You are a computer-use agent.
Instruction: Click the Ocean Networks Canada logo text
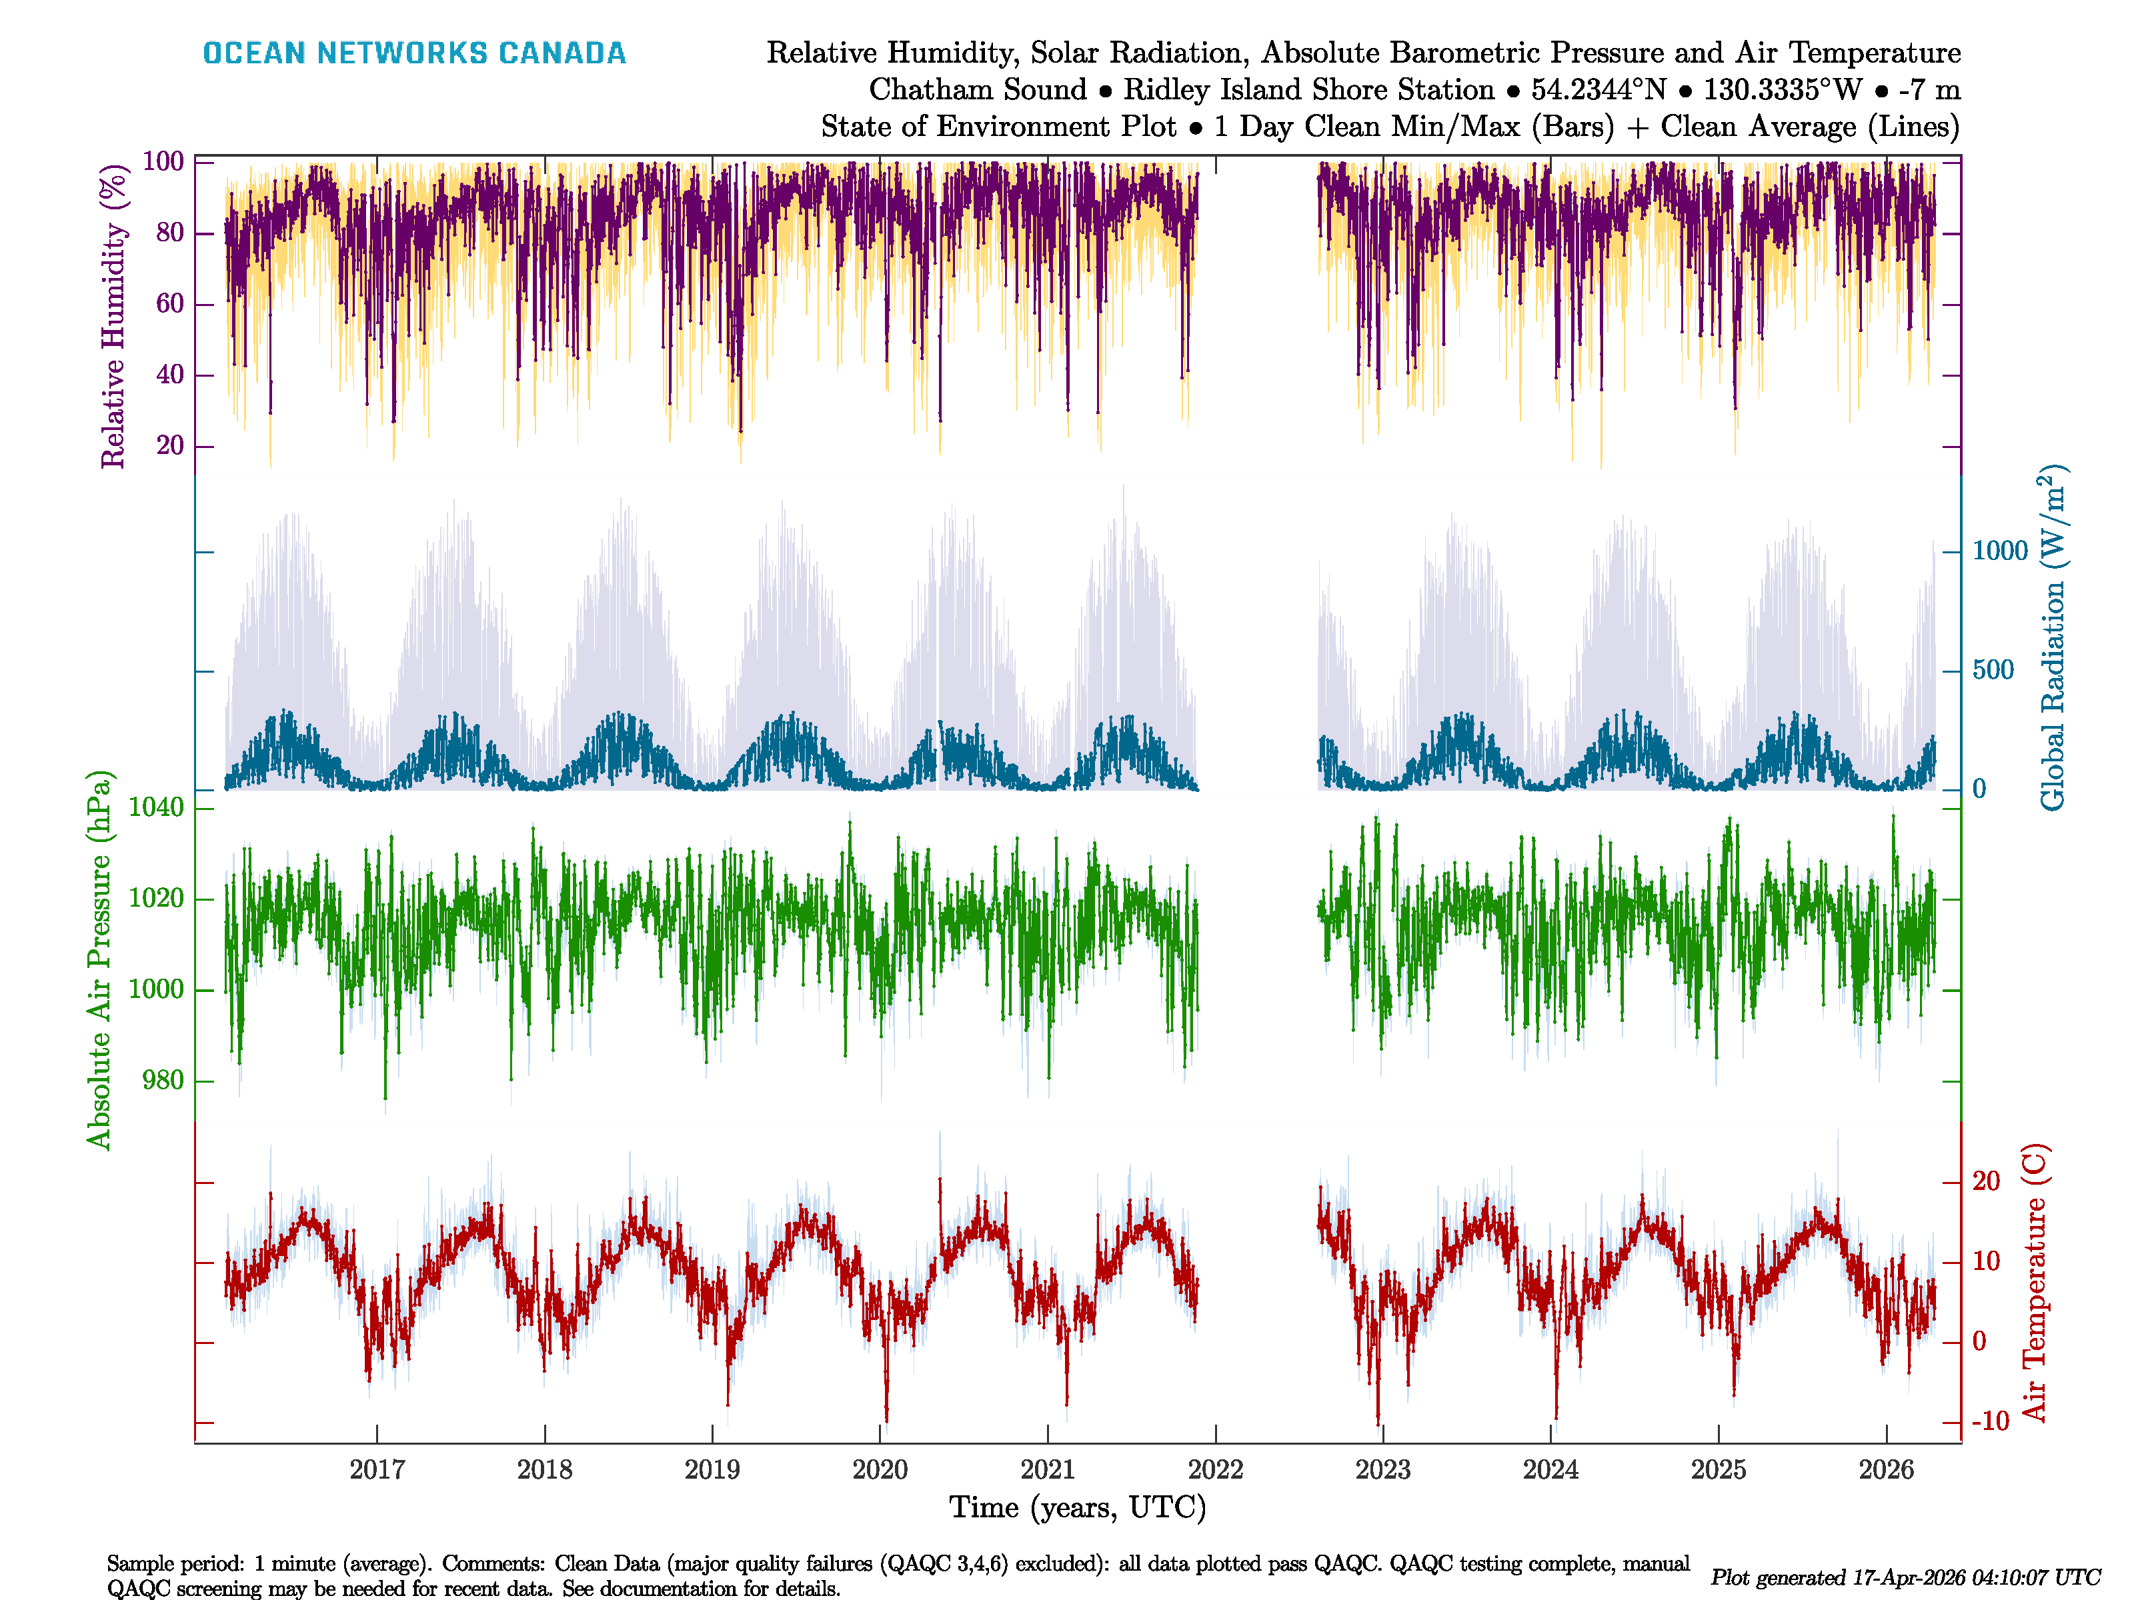(x=414, y=53)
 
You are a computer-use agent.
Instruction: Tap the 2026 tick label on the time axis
(x=1885, y=1470)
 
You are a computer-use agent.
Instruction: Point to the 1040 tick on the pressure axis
(x=156, y=807)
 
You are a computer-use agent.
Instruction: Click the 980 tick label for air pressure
(x=163, y=1080)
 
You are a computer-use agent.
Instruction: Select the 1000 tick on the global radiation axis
(x=2000, y=551)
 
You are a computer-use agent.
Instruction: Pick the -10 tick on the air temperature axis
(x=1990, y=1421)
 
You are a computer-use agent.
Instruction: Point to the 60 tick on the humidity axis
(x=170, y=304)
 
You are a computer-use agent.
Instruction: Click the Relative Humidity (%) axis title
(x=114, y=317)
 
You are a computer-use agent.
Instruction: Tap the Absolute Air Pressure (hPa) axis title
(x=99, y=959)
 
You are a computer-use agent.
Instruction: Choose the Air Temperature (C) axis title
(x=2034, y=1283)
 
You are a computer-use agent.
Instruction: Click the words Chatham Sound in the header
(x=977, y=90)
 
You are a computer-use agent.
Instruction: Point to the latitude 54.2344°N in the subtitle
(x=1598, y=90)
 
